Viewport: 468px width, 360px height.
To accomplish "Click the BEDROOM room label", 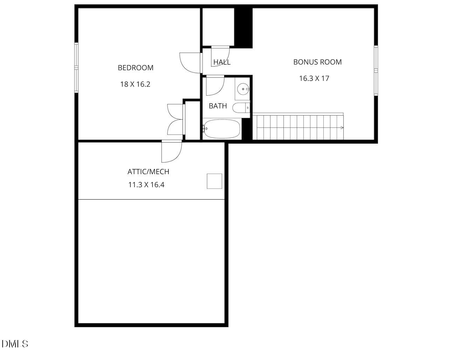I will pos(135,68).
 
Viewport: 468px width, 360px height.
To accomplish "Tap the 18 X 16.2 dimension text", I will pos(135,84).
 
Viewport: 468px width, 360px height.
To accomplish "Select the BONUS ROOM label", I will pos(317,62).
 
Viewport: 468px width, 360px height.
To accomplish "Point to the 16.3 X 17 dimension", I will pos(314,78).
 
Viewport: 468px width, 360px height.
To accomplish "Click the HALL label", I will pos(222,62).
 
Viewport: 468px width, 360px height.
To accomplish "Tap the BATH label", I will pos(218,106).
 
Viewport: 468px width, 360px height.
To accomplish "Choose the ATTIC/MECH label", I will pos(148,172).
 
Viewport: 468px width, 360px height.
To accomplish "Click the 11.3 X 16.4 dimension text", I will pos(146,185).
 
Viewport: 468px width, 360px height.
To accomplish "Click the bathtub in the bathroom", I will pos(222,129).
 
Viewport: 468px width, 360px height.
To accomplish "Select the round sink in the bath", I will pos(242,89).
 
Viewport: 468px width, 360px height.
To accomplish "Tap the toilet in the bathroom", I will pos(241,108).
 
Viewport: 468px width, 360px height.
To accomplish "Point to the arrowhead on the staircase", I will pos(342,128).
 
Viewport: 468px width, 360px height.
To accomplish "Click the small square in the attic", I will pos(214,181).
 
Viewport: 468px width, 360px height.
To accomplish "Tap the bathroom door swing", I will pos(214,86).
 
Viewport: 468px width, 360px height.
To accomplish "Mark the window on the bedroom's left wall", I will pos(76,67).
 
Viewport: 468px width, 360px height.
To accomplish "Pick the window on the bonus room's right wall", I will pos(376,70).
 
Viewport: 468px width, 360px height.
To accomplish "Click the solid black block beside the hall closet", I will pos(243,27).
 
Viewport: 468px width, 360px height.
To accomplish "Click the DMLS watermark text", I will pos(15,344).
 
